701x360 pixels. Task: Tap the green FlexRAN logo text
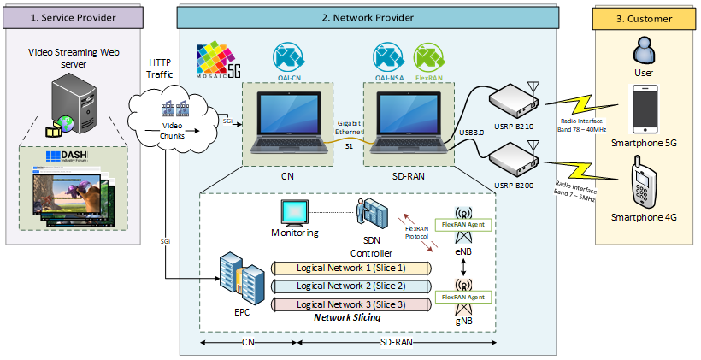coord(428,52)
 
